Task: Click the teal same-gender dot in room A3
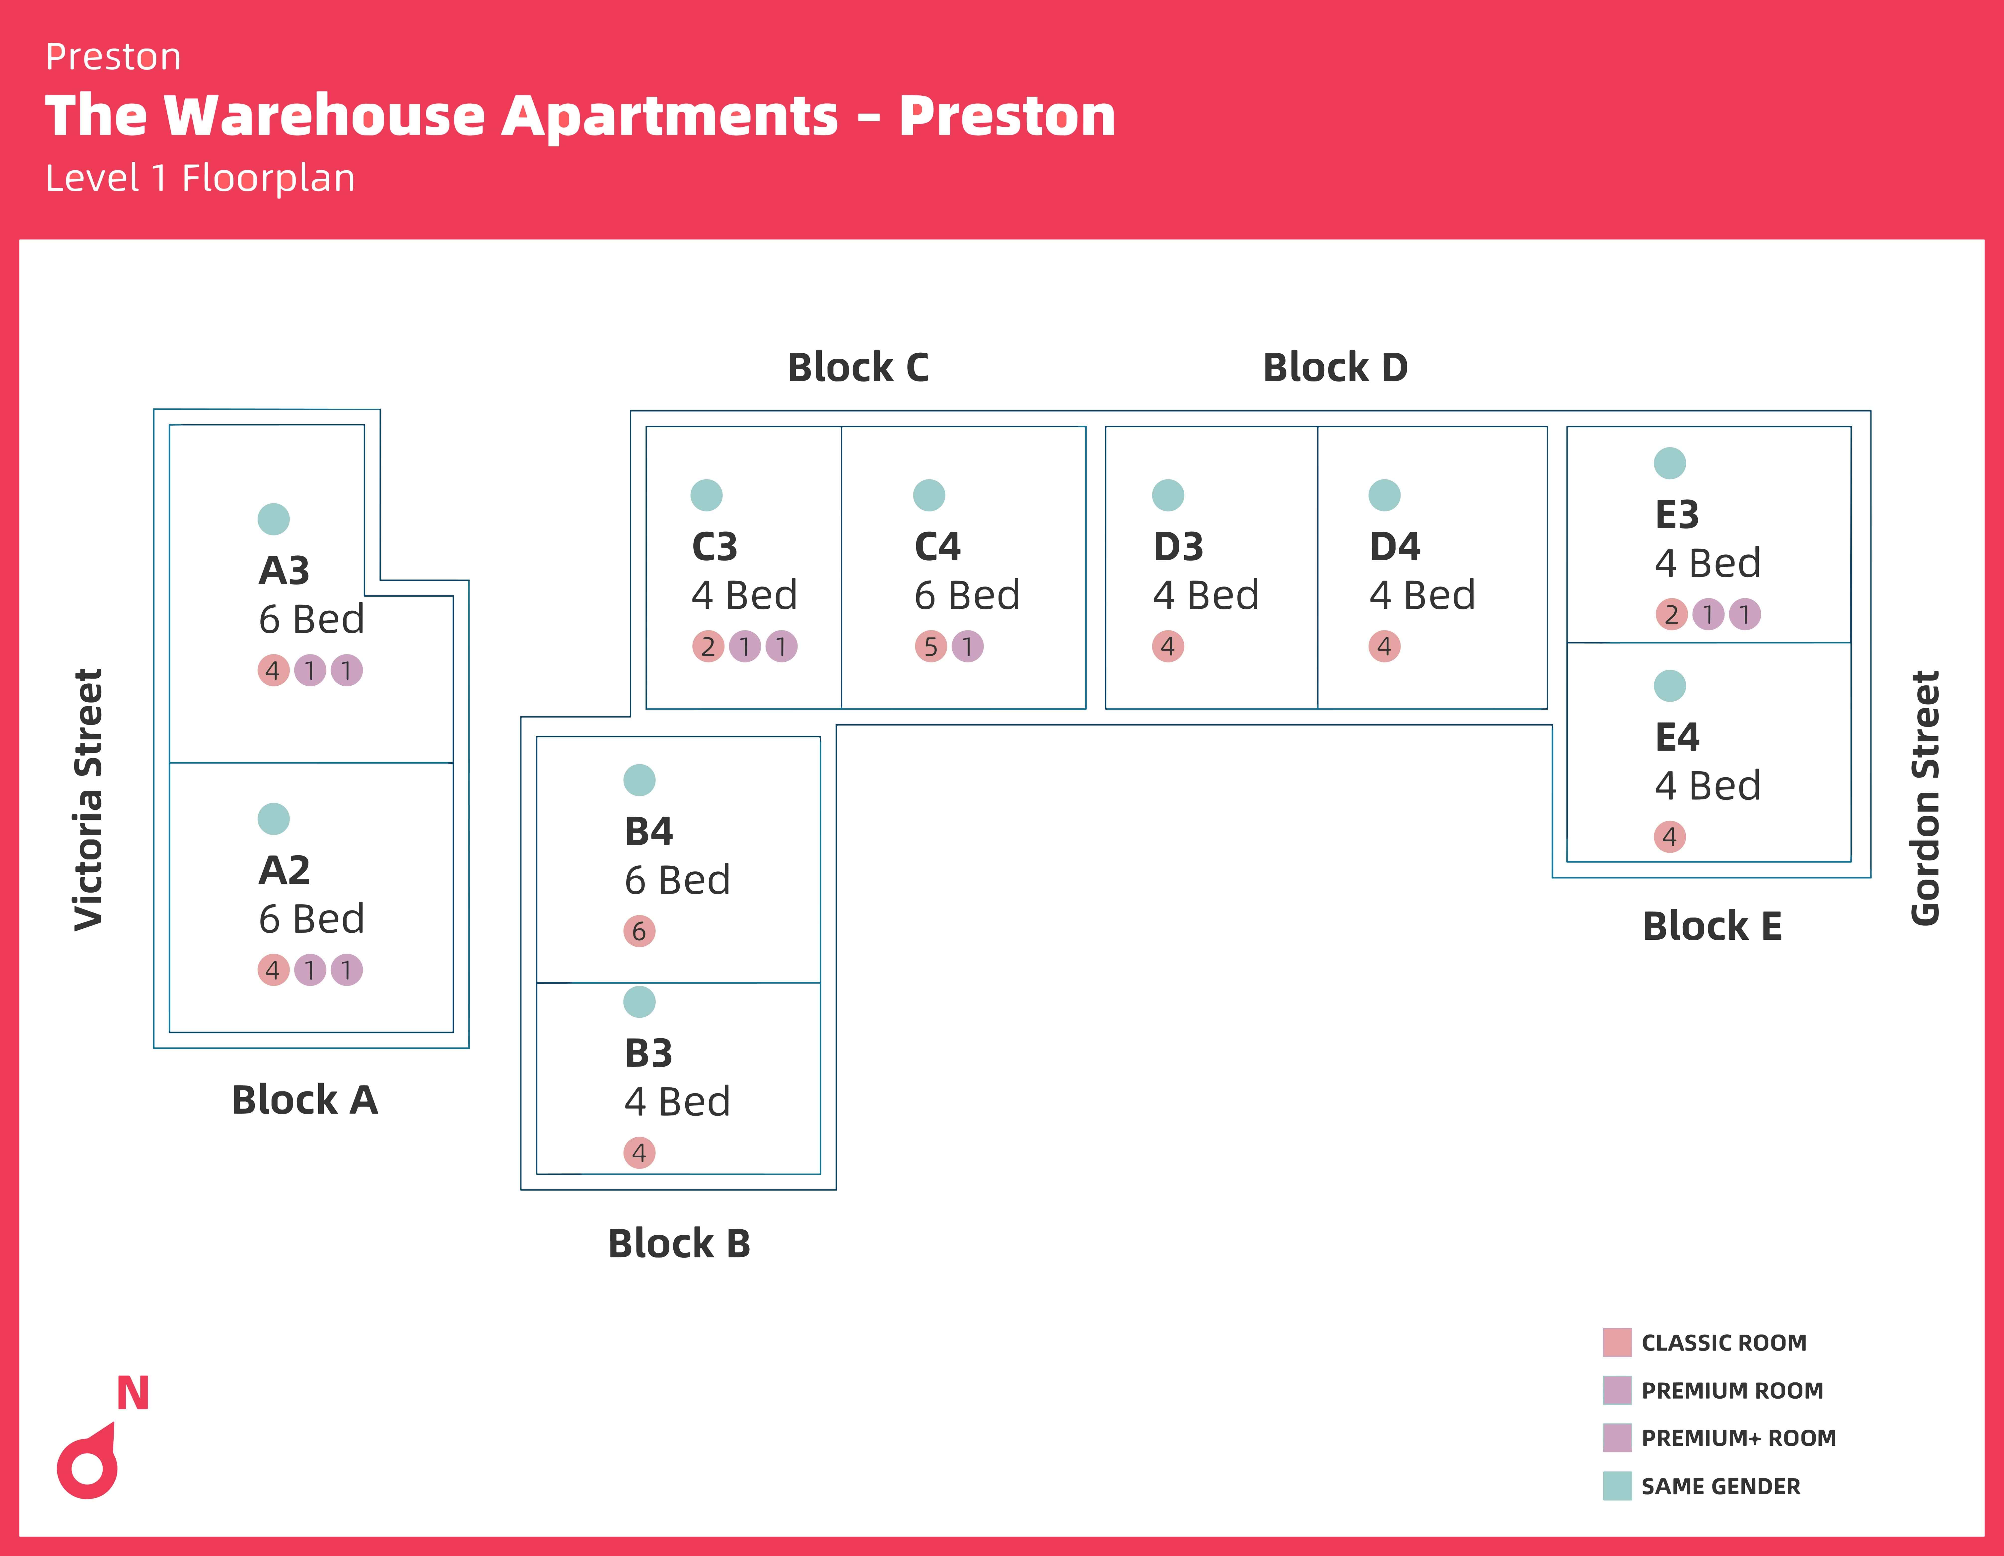pyautogui.click(x=274, y=519)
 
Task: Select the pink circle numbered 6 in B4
pyautogui.click(x=640, y=931)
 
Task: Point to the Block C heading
pyautogui.click(x=858, y=368)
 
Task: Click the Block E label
pyautogui.click(x=1711, y=927)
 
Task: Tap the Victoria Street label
pyautogui.click(x=89, y=800)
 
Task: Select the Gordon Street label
pyautogui.click(x=1925, y=798)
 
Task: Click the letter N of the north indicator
pyautogui.click(x=133, y=1394)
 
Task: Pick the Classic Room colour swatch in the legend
pyautogui.click(x=1617, y=1342)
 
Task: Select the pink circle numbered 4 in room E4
pyautogui.click(x=1669, y=837)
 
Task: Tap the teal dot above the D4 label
pyautogui.click(x=1384, y=495)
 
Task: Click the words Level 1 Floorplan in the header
pyautogui.click(x=200, y=178)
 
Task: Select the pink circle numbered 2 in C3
pyautogui.click(x=708, y=647)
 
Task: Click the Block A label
pyautogui.click(x=305, y=1100)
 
